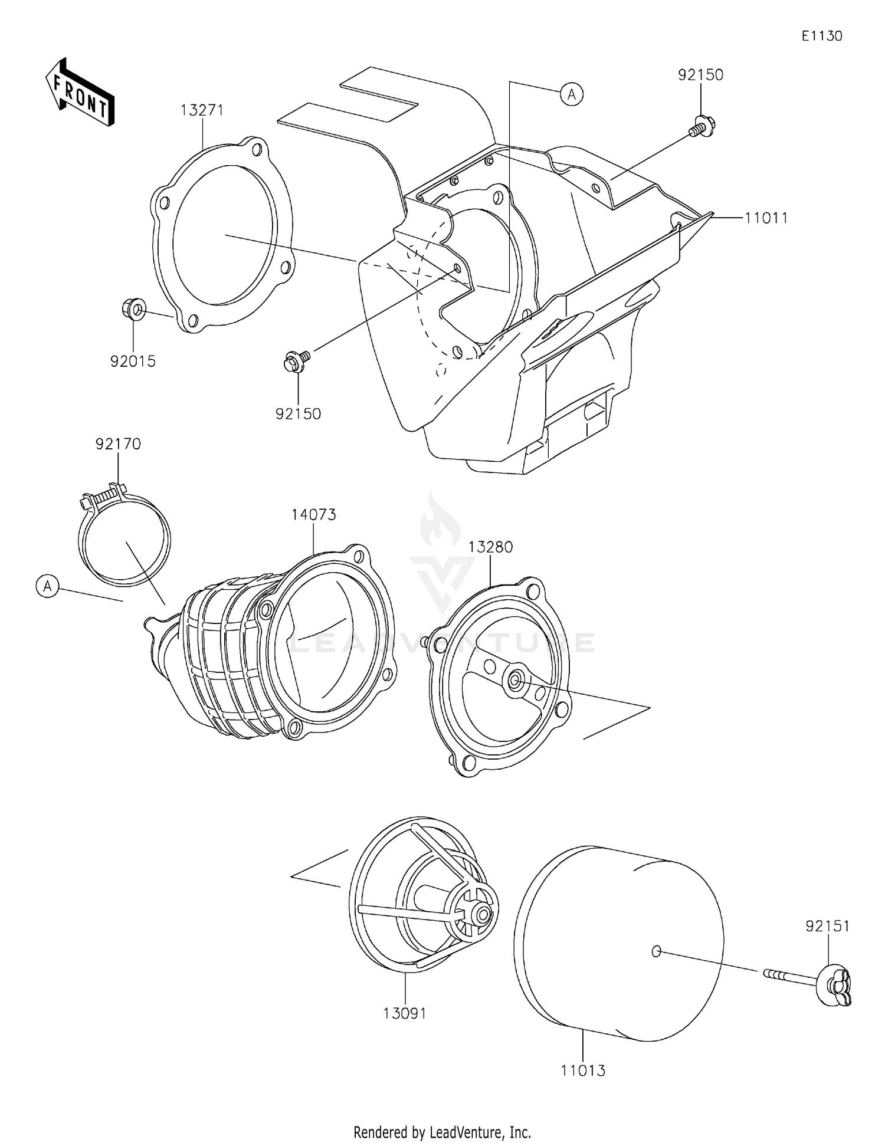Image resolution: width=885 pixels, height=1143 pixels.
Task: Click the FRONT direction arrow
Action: [x=80, y=92]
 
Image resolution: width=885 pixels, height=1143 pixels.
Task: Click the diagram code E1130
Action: [x=821, y=36]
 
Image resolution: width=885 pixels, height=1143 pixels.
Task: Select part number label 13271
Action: [x=202, y=110]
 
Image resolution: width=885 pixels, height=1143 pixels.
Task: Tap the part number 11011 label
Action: [x=766, y=218]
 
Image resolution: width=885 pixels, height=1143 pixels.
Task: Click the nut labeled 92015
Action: [x=134, y=308]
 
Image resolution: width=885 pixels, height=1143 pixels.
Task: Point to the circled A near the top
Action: [x=572, y=94]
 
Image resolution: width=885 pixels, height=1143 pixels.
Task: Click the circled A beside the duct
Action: [x=47, y=586]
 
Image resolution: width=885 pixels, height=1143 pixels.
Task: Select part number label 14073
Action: [x=313, y=514]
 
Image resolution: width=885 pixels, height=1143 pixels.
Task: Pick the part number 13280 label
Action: [x=490, y=547]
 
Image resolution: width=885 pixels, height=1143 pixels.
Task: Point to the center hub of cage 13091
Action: [x=483, y=915]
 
